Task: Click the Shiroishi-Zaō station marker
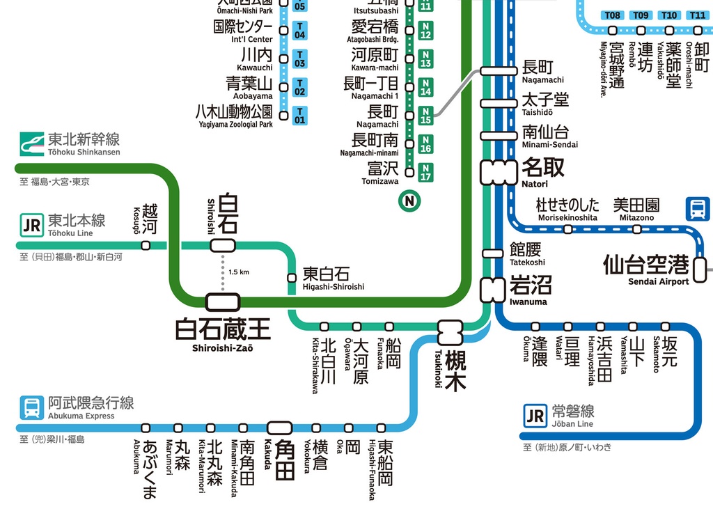coord(223,302)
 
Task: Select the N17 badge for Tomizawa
coord(425,172)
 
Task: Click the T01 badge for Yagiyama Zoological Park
coord(299,116)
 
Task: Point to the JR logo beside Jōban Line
coord(535,416)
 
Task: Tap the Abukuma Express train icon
coord(31,407)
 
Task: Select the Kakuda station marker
coord(281,428)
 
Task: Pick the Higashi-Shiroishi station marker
coord(292,279)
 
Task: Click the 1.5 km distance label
coord(239,272)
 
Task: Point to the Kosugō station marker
coord(146,245)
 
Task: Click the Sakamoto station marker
coord(665,327)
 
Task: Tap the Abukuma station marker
coord(146,428)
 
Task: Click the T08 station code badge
coord(613,15)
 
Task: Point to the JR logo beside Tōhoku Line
coord(31,226)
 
